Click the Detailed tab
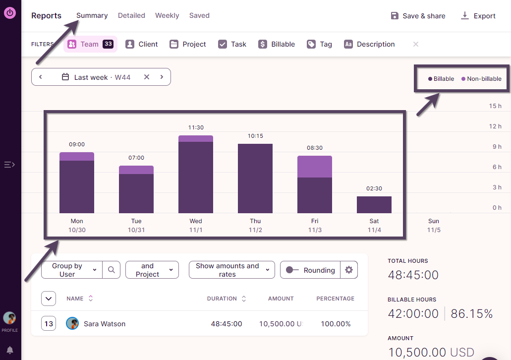point(131,15)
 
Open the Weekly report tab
point(167,15)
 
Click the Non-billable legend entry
point(481,79)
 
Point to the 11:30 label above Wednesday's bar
point(196,127)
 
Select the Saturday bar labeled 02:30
point(374,205)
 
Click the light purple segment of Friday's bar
point(315,167)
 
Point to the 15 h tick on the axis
point(495,106)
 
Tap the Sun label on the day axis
point(434,221)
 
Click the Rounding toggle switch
point(292,270)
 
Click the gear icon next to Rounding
point(349,270)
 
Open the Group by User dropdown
point(71,270)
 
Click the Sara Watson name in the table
point(104,324)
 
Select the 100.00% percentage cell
point(336,324)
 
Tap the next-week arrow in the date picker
point(162,77)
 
